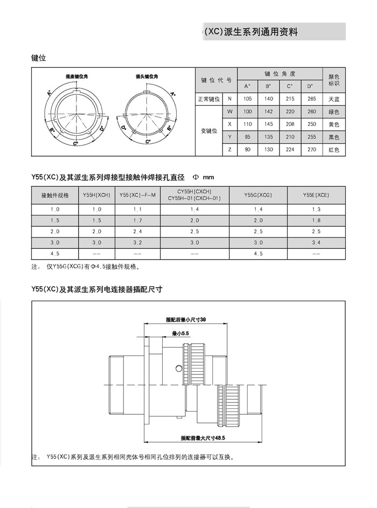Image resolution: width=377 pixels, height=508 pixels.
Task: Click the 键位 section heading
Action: [x=39, y=58]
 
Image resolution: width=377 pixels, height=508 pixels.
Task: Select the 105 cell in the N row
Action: [x=247, y=99]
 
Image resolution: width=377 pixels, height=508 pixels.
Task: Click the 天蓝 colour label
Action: [x=333, y=99]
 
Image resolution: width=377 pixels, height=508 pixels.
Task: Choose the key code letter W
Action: [x=230, y=112]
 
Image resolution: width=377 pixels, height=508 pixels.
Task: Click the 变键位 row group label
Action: [x=208, y=131]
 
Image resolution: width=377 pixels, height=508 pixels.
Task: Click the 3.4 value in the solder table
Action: [x=316, y=243]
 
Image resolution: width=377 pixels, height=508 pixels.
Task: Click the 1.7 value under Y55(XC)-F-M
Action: [x=137, y=220]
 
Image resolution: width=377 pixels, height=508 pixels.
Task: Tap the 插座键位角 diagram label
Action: [x=77, y=76]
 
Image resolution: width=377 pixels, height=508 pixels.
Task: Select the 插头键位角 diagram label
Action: [x=146, y=76]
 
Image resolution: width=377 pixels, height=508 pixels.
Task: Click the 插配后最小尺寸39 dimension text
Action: [x=186, y=320]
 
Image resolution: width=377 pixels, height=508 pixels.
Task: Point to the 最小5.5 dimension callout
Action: [x=180, y=335]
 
